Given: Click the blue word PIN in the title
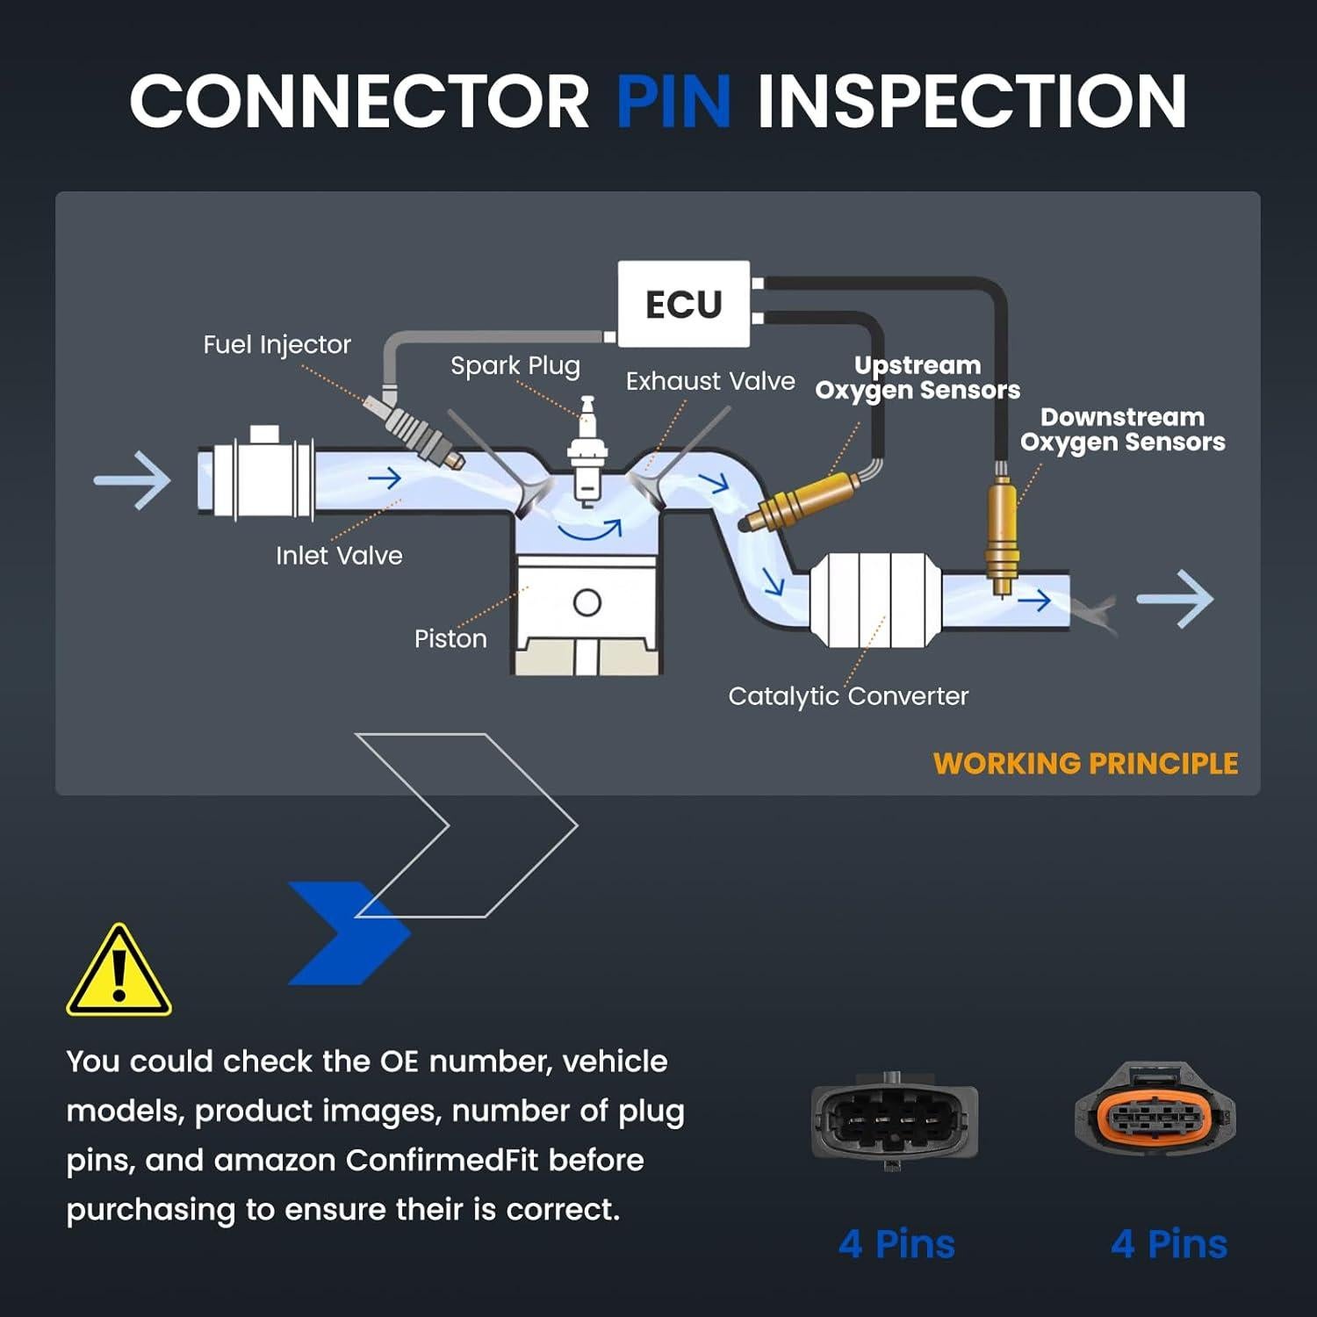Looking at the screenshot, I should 673,101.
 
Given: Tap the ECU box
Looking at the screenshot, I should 684,305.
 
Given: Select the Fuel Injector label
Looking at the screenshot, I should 277,344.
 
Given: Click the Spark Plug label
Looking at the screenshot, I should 515,365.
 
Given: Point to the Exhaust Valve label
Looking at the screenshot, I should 710,381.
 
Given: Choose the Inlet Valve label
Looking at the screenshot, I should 339,555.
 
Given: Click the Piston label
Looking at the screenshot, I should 450,638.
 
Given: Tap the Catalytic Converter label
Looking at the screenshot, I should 848,696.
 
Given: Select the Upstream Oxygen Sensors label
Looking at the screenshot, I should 918,378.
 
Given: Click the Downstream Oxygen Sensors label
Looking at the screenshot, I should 1122,429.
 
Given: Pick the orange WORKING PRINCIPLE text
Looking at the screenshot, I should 1085,764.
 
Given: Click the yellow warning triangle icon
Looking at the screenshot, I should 119,973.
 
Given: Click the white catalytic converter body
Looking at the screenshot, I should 874,601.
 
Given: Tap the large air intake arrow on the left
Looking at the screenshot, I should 133,480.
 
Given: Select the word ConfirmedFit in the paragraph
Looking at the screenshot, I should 442,1161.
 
